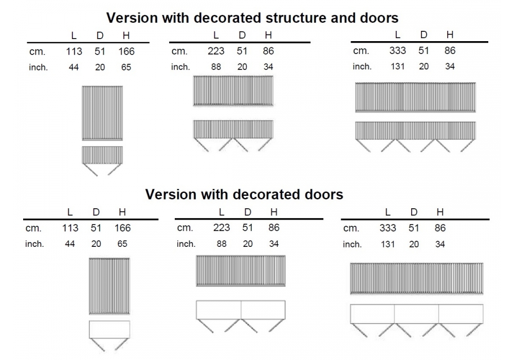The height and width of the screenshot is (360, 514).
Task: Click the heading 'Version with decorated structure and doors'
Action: [x=252, y=18]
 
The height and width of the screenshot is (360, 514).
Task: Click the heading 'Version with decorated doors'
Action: [x=244, y=194]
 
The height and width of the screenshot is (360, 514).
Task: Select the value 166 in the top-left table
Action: [x=126, y=51]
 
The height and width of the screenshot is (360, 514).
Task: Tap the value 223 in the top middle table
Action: [x=215, y=51]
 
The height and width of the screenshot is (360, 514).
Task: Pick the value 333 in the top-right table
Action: [x=397, y=50]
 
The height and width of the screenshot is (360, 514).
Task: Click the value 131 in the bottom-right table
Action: [x=388, y=244]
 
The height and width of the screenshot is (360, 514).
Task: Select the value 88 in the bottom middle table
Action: [x=222, y=244]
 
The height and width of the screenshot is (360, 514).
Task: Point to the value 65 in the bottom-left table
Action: [x=122, y=244]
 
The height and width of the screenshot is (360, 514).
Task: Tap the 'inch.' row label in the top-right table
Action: [x=362, y=66]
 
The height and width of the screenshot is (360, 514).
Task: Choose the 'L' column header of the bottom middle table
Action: [x=222, y=212]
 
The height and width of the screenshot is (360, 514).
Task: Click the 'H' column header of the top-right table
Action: [x=450, y=35]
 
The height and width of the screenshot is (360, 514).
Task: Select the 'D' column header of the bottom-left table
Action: [x=96, y=212]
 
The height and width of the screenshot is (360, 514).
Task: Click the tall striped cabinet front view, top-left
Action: [x=102, y=113]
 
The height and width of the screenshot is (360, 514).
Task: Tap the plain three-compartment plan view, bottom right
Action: [x=416, y=314]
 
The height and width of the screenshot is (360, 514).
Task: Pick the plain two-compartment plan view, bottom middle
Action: [x=241, y=310]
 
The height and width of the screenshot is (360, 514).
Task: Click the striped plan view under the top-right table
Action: [x=415, y=130]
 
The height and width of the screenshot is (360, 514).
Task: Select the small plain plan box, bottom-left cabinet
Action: [x=109, y=330]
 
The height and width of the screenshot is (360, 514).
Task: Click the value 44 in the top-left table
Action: [x=74, y=67]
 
